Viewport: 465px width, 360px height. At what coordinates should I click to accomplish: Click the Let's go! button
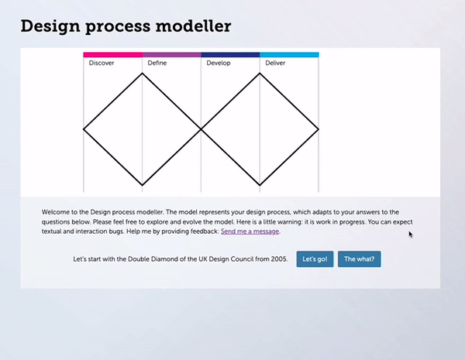coord(315,259)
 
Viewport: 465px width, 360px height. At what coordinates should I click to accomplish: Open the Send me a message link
coord(250,231)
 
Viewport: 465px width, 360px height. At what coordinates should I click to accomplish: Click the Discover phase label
coord(102,63)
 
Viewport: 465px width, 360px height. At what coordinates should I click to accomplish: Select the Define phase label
coord(157,63)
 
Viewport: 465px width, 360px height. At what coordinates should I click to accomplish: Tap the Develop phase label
coord(219,63)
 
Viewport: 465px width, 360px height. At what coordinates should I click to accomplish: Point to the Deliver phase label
coord(275,63)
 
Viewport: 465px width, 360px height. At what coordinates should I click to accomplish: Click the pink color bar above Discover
coord(113,55)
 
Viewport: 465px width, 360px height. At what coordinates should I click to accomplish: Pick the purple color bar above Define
coord(172,55)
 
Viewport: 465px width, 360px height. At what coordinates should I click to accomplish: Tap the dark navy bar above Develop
coord(230,55)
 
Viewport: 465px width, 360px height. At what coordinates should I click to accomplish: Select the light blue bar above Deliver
coord(289,55)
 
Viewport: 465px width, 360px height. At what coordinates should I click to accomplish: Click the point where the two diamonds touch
coord(201,129)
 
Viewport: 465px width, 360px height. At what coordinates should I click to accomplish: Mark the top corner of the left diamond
coord(143,74)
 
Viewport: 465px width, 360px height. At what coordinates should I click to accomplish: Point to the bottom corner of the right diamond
coord(260,186)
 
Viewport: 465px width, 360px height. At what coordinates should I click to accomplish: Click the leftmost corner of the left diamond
coord(84,129)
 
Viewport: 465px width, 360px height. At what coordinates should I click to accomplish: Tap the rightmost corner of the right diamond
coord(319,129)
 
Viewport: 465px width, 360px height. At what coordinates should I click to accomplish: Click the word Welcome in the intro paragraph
coord(58,211)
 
